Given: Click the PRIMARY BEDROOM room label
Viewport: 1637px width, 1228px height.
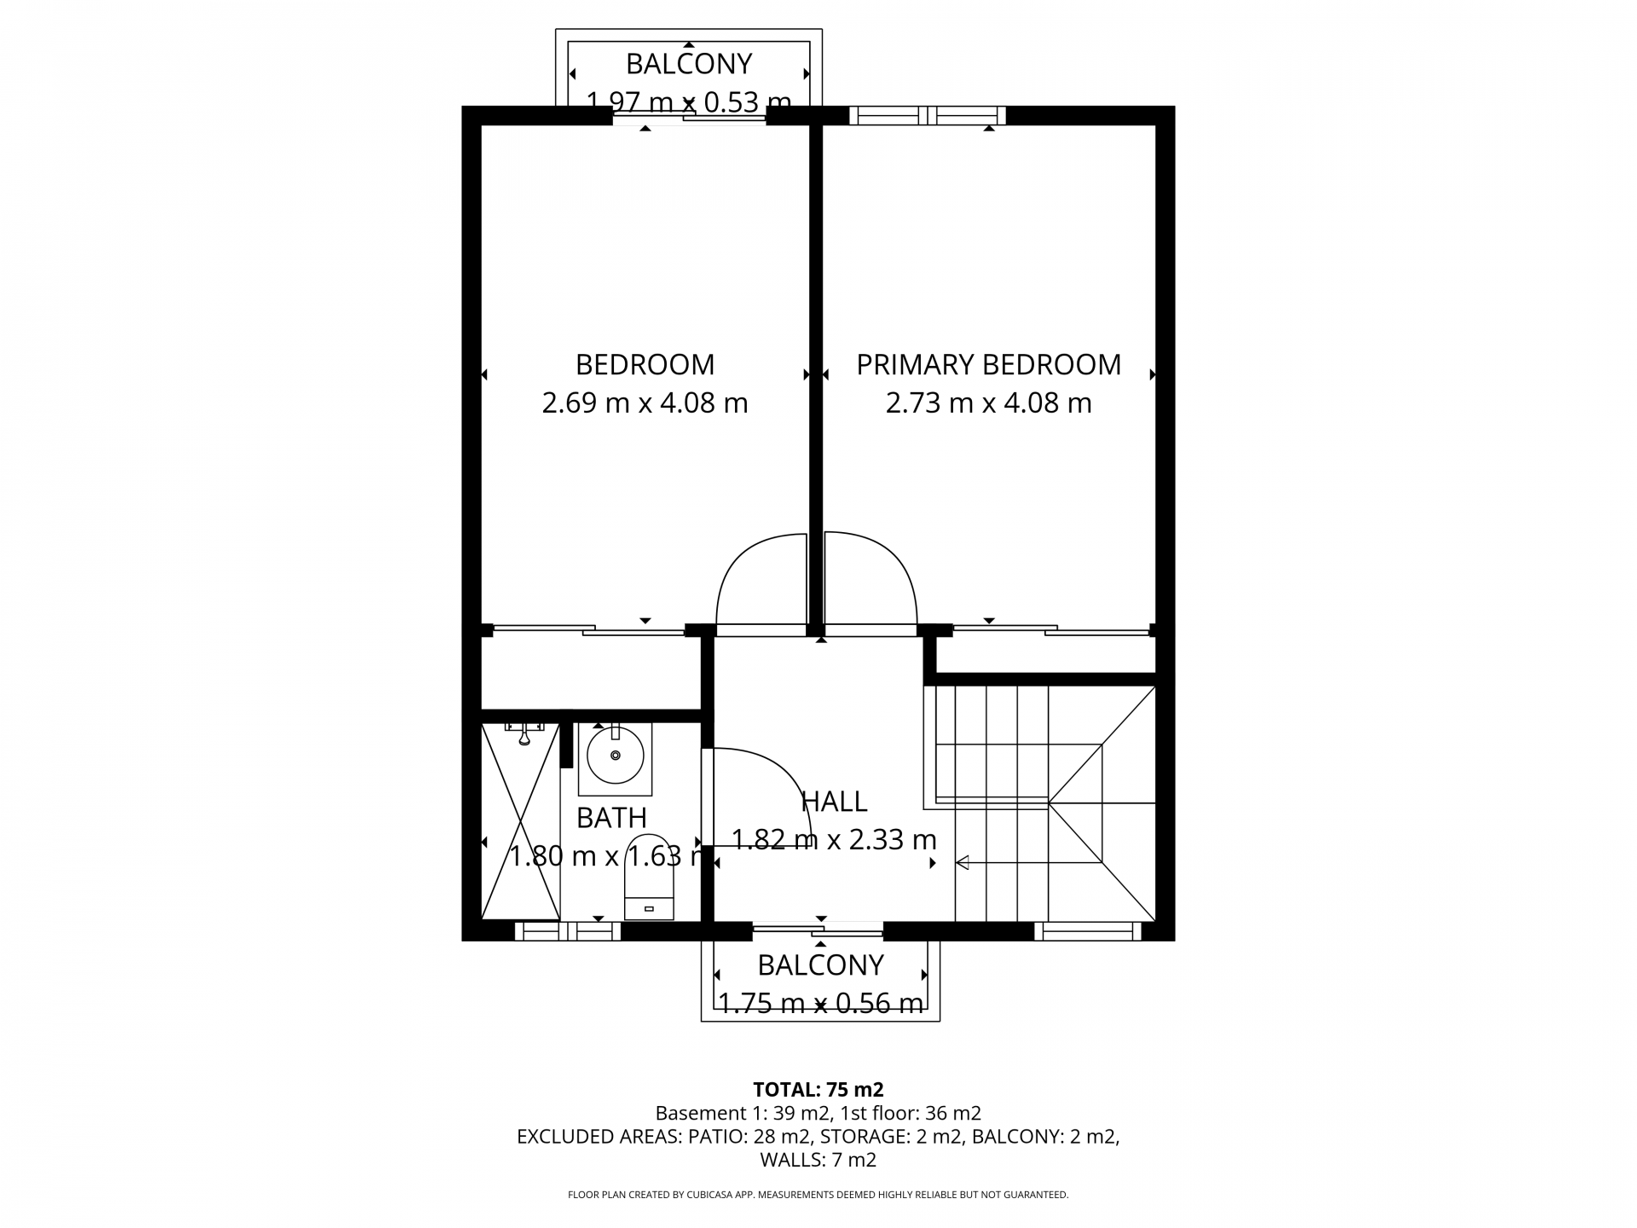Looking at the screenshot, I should pos(988,365).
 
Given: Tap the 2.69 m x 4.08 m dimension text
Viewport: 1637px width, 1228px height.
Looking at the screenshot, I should pos(645,403).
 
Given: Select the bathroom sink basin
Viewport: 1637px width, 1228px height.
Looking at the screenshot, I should pos(615,755).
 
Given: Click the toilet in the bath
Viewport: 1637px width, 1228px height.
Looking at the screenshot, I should pos(649,878).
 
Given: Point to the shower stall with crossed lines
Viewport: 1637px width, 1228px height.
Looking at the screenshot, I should pos(520,820).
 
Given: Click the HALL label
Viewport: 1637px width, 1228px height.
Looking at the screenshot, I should pos(834,802).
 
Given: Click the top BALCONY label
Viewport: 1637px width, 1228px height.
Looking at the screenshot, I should pos(689,64).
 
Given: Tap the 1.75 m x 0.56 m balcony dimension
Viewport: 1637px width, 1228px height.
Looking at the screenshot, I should pos(821,1004).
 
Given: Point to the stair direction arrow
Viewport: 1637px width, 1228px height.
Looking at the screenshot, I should pos(963,863).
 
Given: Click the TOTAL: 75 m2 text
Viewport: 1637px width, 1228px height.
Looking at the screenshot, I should pos(818,1089).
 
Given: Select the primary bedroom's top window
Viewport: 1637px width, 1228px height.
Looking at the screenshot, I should pos(927,115).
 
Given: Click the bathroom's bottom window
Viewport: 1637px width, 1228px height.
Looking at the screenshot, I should pos(567,931).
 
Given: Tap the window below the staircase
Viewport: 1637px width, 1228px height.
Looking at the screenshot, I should pos(1087,931).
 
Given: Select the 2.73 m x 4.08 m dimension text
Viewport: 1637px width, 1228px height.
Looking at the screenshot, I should pos(988,403).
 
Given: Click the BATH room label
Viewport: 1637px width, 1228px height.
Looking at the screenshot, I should pos(611,818).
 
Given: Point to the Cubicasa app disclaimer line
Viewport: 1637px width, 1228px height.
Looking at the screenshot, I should pos(818,1195).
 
